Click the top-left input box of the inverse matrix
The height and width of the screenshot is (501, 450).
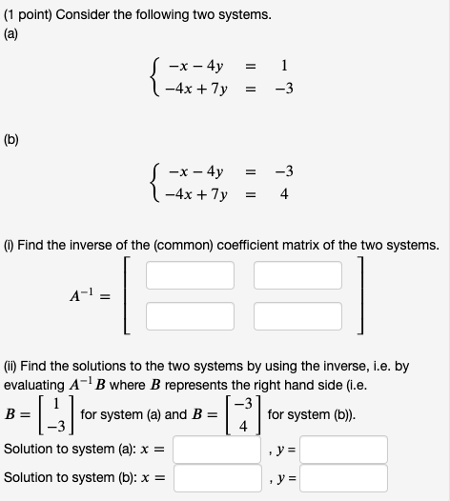(x=190, y=275)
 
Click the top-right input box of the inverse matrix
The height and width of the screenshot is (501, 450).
(x=297, y=275)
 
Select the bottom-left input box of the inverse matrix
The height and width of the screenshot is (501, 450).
(x=190, y=313)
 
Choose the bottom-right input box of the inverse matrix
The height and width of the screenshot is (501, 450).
(x=297, y=313)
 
